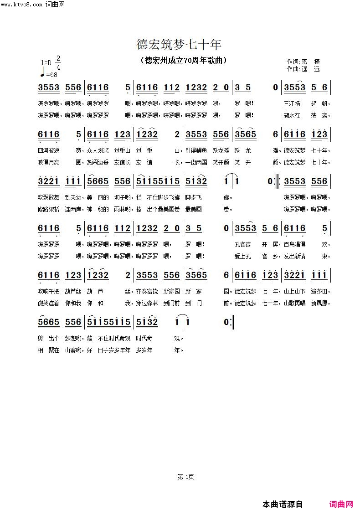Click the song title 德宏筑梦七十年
click(179, 45)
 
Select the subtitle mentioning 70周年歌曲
click(183, 61)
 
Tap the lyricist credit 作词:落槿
click(303, 62)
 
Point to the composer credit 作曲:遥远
click(303, 69)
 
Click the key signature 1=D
click(46, 63)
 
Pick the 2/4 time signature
click(58, 63)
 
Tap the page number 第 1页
click(185, 477)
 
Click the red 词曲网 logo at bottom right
click(341, 504)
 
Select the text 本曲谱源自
click(283, 504)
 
